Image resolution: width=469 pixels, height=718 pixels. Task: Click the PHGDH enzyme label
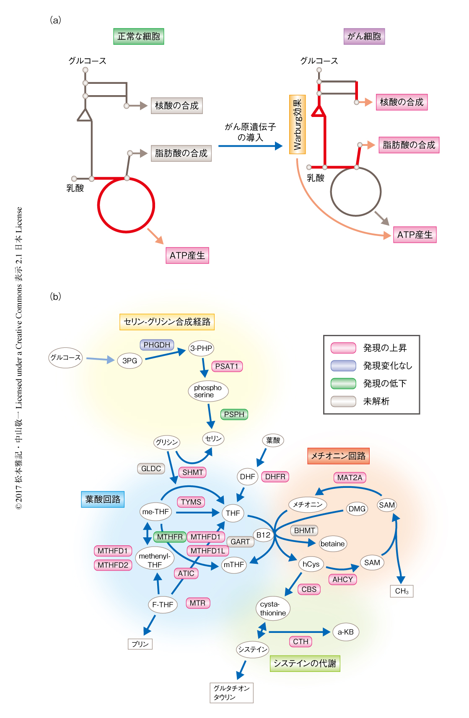click(157, 345)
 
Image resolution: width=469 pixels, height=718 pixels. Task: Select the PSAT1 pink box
click(227, 366)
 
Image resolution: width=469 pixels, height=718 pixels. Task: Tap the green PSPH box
click(234, 415)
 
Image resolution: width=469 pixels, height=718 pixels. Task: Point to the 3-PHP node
click(201, 348)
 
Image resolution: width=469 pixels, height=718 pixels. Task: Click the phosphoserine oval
click(208, 391)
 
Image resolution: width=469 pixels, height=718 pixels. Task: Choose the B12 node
click(263, 535)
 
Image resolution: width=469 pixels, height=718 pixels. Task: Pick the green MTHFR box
click(170, 537)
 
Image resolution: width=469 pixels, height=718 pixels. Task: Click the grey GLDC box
click(151, 469)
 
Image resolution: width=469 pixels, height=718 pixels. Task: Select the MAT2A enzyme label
click(350, 477)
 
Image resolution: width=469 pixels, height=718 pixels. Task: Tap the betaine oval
click(332, 544)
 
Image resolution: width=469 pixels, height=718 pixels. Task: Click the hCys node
click(311, 564)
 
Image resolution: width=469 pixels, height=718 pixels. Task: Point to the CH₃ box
click(402, 591)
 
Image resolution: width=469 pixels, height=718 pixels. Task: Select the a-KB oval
click(346, 632)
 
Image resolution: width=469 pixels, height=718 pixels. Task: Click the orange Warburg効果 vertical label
click(297, 124)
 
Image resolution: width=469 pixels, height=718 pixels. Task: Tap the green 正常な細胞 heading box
click(139, 36)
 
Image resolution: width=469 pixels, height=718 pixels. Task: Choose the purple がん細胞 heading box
click(364, 36)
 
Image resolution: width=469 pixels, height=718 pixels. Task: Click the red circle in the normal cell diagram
click(126, 231)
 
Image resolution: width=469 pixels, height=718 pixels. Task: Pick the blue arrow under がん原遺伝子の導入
click(250, 146)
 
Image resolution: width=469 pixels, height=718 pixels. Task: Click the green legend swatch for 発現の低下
click(343, 384)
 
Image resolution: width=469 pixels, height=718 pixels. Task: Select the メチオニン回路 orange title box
click(338, 456)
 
